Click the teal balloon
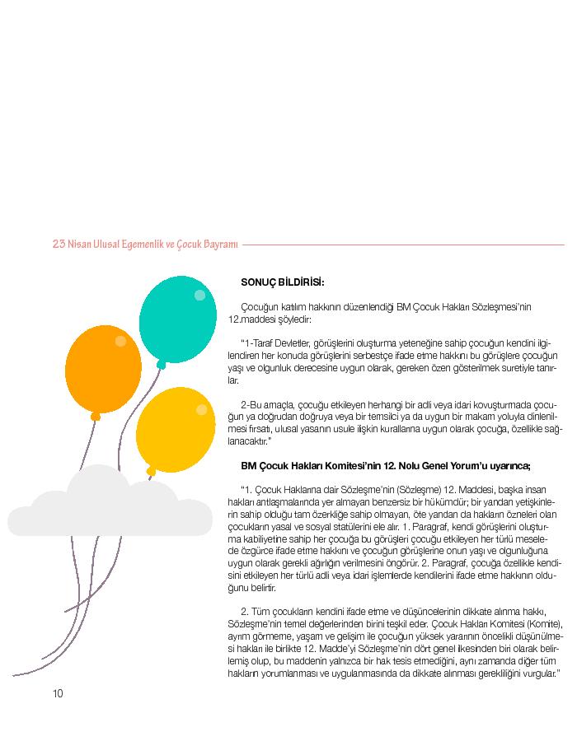177,317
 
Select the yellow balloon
175,430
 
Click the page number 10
58,693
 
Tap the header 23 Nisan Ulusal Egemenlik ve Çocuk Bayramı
145,245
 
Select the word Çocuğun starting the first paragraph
258,307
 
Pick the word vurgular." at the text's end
542,674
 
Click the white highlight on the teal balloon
199,295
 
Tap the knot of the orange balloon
96,416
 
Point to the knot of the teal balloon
161,363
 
